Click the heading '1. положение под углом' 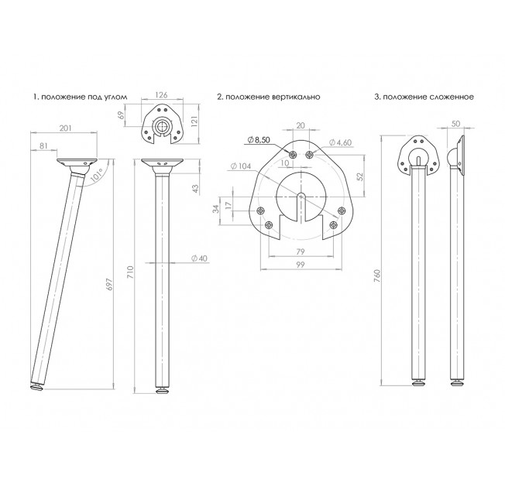[81, 97]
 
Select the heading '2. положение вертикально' [269, 97]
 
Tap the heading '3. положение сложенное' [424, 97]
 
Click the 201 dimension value [65, 128]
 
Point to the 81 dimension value [43, 145]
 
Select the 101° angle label [96, 175]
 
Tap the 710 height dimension [130, 272]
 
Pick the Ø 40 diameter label [199, 258]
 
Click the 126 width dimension [161, 94]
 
